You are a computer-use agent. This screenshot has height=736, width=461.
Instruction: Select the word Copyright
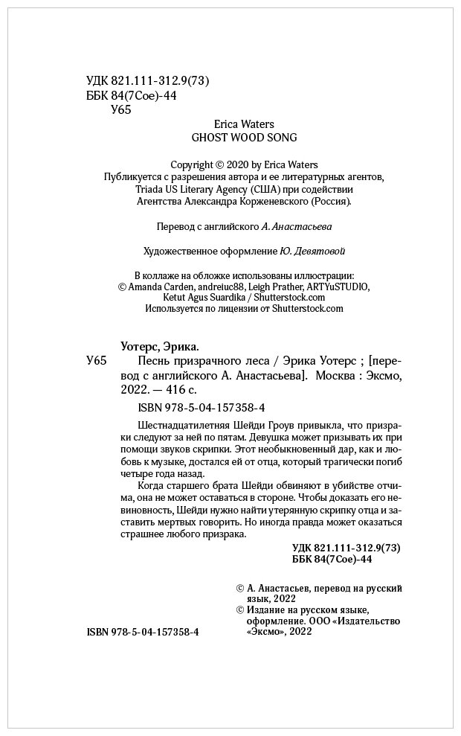(x=192, y=164)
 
